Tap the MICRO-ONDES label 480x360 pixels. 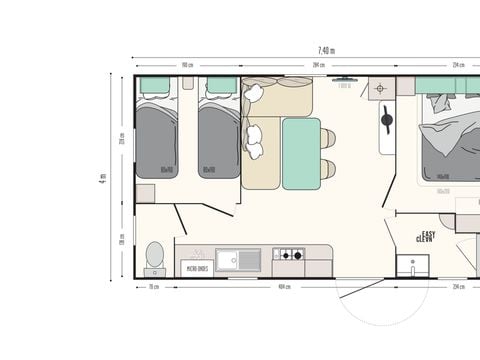[196, 269]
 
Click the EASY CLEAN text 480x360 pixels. [428, 238]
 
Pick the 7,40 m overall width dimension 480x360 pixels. [326, 50]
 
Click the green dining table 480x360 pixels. [301, 153]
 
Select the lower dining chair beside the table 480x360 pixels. [327, 169]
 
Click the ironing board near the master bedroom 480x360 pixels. [386, 124]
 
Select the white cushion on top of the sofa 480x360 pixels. [253, 93]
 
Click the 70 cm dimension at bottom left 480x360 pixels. [154, 287]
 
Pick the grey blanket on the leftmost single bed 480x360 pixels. [156, 140]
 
